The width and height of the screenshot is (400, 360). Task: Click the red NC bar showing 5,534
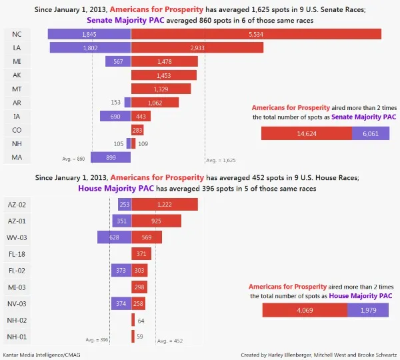pyautogui.click(x=257, y=34)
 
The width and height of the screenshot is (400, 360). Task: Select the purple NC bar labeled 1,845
pyautogui.click(x=89, y=34)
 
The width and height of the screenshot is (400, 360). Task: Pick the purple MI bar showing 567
pyautogui.click(x=118, y=61)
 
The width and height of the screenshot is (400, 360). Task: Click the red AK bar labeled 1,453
pyautogui.click(x=164, y=75)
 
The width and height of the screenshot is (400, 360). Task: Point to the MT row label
pyautogui.click(x=17, y=89)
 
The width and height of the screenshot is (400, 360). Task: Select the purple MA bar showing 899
pyautogui.click(x=111, y=157)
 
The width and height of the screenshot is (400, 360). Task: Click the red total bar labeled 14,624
pyautogui.click(x=307, y=133)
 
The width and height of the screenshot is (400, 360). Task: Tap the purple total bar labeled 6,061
pyautogui.click(x=371, y=133)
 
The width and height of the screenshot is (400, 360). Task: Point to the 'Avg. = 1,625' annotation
pyautogui.click(x=220, y=160)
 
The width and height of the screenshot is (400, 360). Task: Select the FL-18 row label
pyautogui.click(x=17, y=253)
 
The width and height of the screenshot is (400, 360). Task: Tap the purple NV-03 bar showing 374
pyautogui.click(x=121, y=303)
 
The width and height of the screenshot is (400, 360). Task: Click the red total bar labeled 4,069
pyautogui.click(x=305, y=311)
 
